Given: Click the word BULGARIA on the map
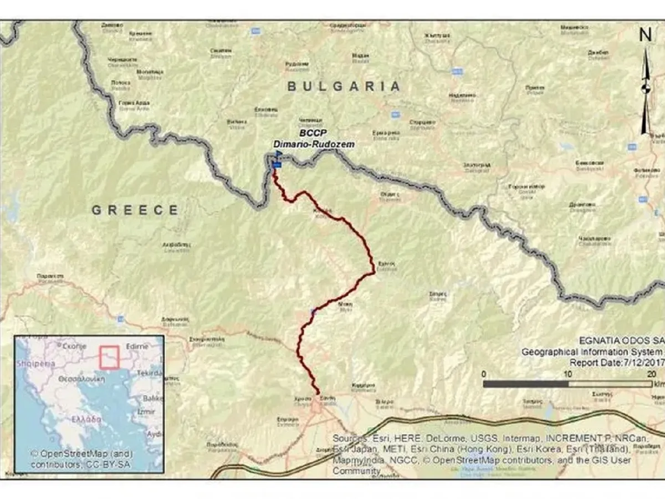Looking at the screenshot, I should tap(344, 86).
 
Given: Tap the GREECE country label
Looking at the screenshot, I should tap(135, 210).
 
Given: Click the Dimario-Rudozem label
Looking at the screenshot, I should tap(314, 144).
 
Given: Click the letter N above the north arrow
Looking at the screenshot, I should tap(645, 35).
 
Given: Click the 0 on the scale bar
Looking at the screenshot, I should tap(484, 374).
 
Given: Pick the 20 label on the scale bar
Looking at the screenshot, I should tap(652, 374).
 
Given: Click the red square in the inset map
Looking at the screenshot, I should tap(109, 357).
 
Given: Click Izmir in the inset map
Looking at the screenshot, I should tap(147, 413).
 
